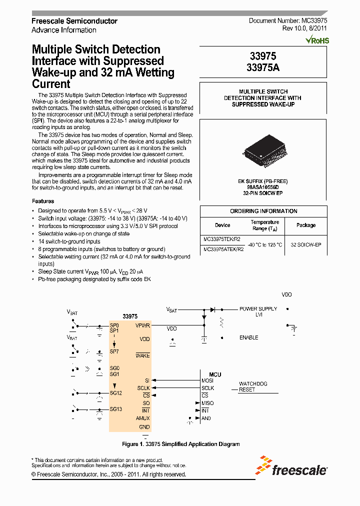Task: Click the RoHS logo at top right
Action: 319,39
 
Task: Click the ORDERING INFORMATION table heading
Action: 263,211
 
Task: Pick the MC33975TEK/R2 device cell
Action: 223,238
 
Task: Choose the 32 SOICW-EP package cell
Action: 305,244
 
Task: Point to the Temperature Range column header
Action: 264,225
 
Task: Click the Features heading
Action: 43,201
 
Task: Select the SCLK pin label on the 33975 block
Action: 143,388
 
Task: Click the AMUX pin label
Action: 142,418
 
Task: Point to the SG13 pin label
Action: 115,409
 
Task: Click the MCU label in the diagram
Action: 215,374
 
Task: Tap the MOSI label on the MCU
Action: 207,381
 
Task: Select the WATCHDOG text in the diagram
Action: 253,383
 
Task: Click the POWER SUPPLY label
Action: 258,308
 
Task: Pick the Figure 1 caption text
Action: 181,444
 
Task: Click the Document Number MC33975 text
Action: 288,20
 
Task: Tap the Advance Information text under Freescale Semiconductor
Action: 64,30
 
